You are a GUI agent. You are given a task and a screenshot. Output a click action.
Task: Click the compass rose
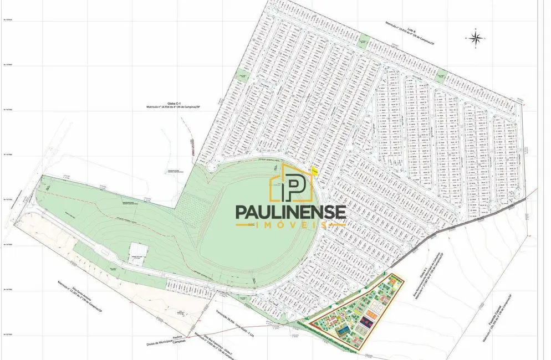click(x=476, y=37)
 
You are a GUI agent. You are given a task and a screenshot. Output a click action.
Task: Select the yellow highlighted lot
click(x=314, y=172)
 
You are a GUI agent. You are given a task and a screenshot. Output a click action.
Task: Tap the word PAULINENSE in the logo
click(x=291, y=212)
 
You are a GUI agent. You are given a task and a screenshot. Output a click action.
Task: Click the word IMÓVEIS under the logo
click(x=291, y=225)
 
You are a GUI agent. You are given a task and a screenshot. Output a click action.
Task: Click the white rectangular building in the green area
click(x=138, y=251)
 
